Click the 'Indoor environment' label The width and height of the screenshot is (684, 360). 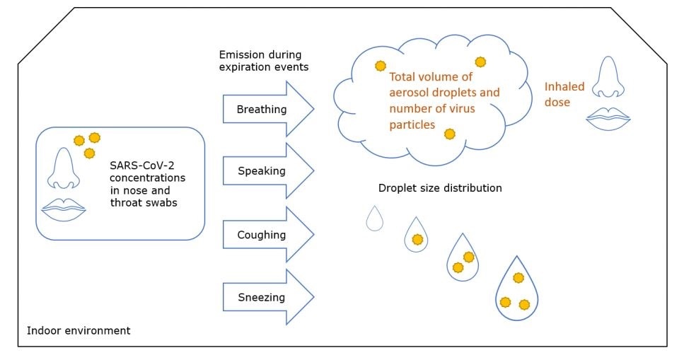coord(78,330)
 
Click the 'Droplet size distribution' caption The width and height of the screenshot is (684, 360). coord(440,188)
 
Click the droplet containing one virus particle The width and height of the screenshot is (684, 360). coord(417,236)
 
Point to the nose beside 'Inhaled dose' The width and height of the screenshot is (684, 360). coord(608,79)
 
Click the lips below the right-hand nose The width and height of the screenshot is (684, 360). coord(608,117)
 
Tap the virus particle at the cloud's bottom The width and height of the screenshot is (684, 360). coord(449,134)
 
